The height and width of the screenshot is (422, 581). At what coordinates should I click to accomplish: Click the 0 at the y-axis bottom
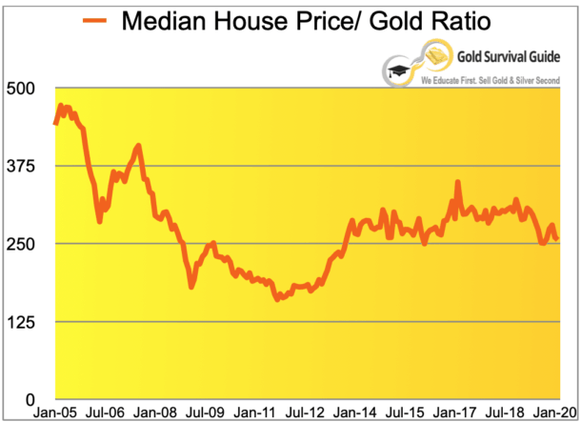tap(30, 399)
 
